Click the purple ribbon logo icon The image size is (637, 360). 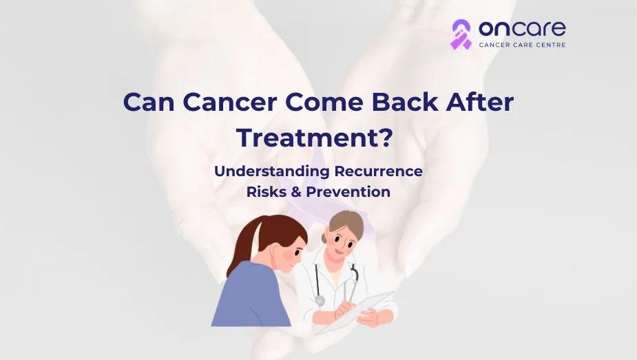pos(461,34)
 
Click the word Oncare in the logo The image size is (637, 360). pos(522,29)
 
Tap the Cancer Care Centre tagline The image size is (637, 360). pos(522,45)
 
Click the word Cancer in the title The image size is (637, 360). pos(229,102)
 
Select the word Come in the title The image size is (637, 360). pos(324,102)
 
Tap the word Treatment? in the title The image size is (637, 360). pos(315,137)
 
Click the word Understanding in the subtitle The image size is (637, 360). pos(271,171)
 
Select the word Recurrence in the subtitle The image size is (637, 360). pos(378,171)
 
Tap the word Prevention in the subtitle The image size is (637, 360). pos(348,191)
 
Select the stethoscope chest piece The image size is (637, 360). pos(320,301)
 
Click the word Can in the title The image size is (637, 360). pos(149,102)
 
